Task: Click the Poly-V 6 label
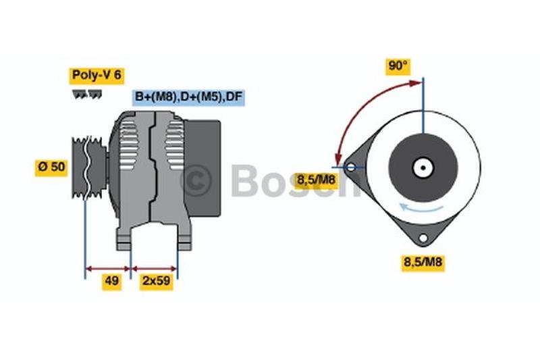[97, 76]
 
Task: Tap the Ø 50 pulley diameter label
[51, 168]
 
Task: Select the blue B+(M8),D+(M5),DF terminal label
[188, 97]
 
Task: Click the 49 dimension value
[111, 281]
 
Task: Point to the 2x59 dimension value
[157, 281]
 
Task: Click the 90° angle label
[398, 66]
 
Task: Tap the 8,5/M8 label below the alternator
[423, 262]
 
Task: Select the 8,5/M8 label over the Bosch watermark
[316, 180]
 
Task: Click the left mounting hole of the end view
[350, 168]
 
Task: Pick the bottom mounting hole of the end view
[423, 238]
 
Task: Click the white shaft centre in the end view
[423, 168]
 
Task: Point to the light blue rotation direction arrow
[421, 208]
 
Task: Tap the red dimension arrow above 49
[108, 268]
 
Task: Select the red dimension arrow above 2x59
[154, 268]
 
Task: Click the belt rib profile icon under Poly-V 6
[87, 95]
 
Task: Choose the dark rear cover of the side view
[202, 168]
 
